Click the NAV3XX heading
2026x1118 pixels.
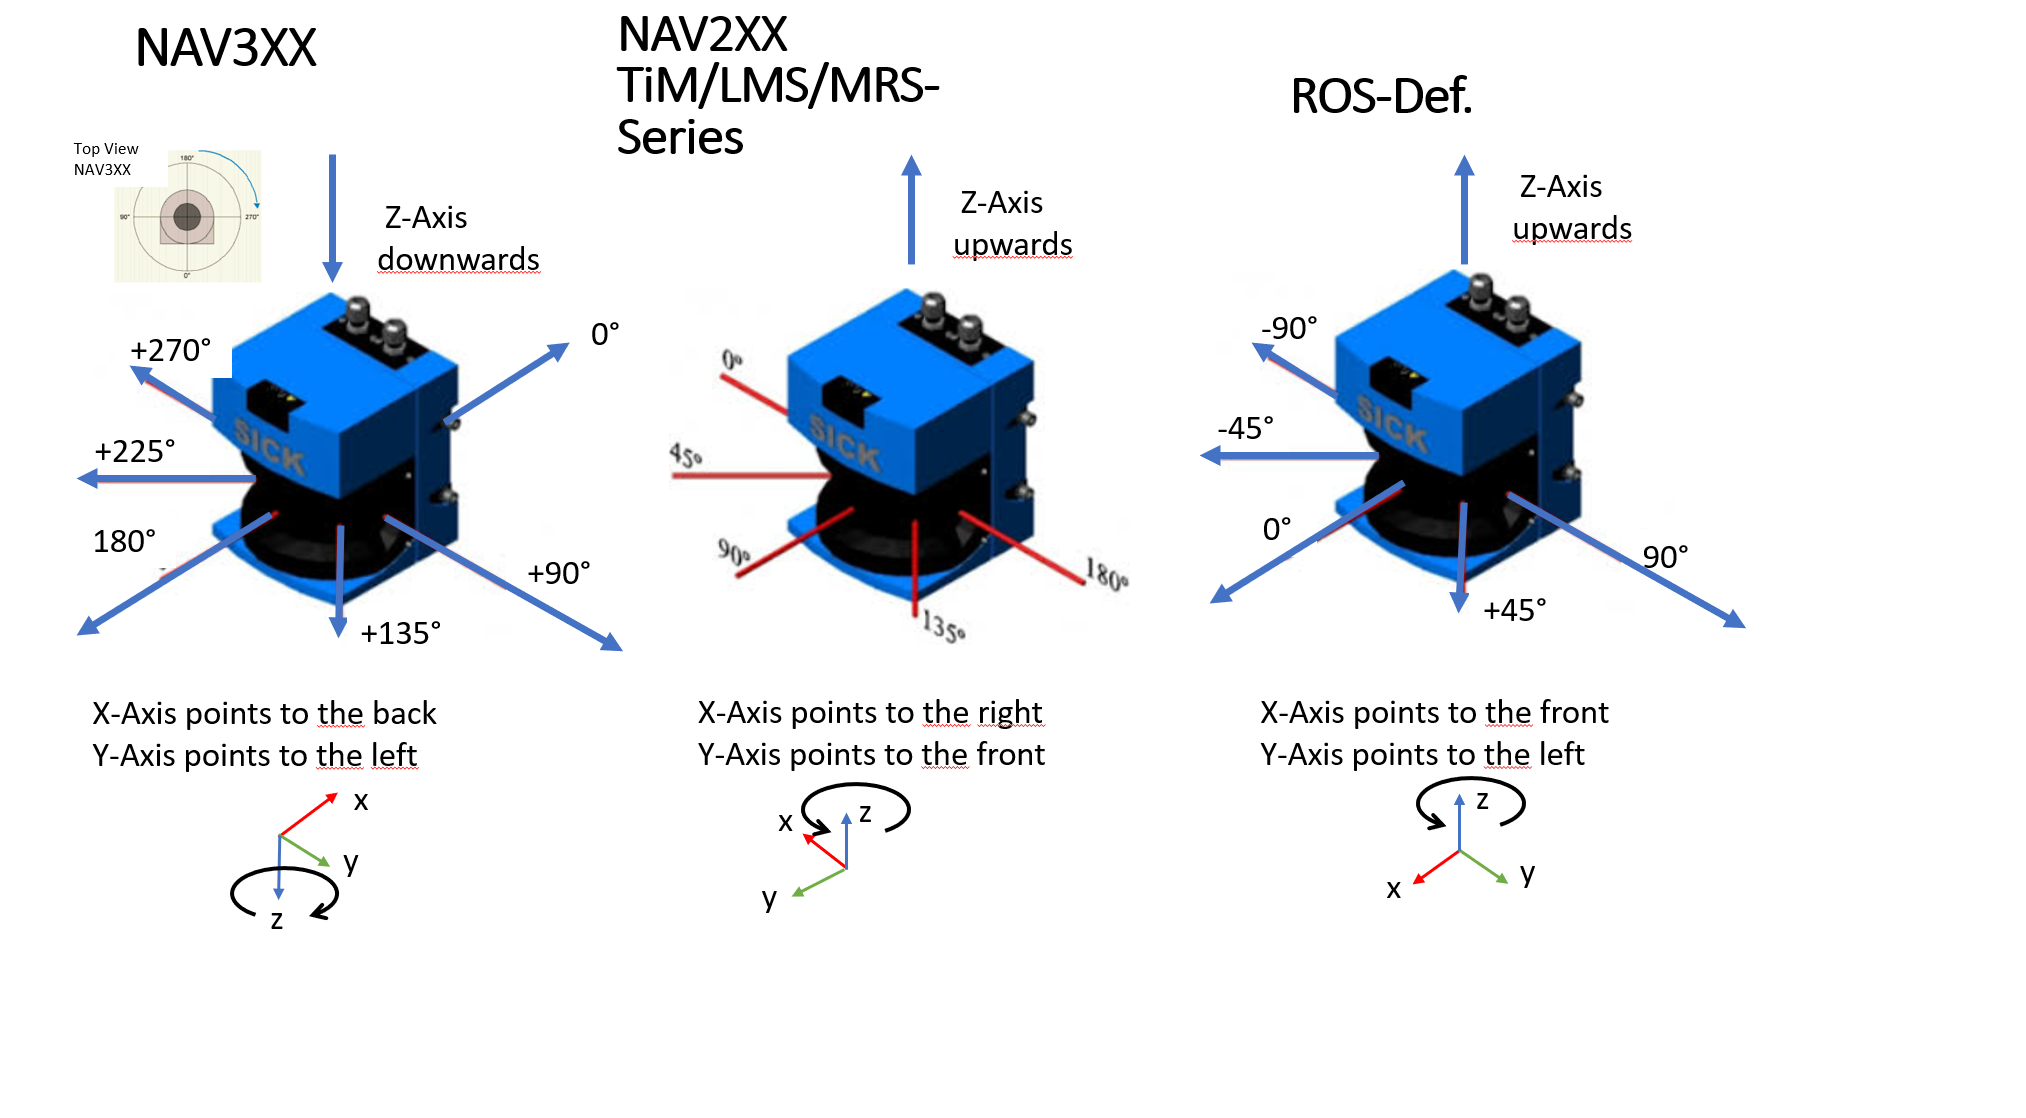(x=226, y=48)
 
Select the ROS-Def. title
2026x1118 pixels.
(x=1381, y=97)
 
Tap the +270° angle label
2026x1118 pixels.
(x=171, y=350)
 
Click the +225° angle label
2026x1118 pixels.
(x=135, y=451)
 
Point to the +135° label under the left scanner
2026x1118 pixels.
(x=400, y=633)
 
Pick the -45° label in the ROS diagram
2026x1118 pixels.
(x=1245, y=428)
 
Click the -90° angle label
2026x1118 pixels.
(x=1289, y=328)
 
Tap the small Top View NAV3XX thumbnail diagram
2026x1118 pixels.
(x=188, y=216)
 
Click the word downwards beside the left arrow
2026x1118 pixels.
(x=458, y=260)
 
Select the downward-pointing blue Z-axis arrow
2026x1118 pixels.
(x=332, y=216)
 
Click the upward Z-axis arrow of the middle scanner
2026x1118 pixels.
(x=911, y=210)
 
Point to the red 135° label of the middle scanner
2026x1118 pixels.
(x=943, y=627)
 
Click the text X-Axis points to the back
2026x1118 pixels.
(x=264, y=713)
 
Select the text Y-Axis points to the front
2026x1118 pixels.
(x=870, y=754)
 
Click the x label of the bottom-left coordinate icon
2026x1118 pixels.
(x=361, y=800)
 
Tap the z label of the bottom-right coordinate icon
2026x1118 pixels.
(x=1482, y=799)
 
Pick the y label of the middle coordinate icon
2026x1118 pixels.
(x=768, y=897)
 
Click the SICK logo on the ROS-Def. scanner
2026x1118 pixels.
(x=1392, y=423)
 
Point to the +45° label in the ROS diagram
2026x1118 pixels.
(x=1514, y=610)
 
